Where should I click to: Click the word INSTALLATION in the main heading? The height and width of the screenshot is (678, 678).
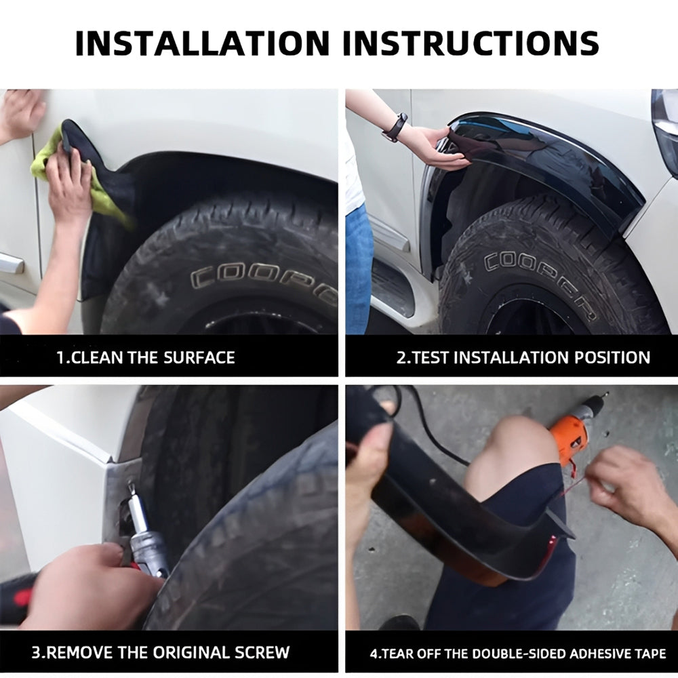click(202, 43)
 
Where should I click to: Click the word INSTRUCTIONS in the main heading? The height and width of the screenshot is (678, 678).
click(471, 43)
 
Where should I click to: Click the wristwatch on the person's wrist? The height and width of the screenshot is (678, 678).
click(395, 127)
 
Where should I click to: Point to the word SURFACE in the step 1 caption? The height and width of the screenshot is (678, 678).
click(199, 357)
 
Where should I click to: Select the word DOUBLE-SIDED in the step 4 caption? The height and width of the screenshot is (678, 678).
click(519, 653)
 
